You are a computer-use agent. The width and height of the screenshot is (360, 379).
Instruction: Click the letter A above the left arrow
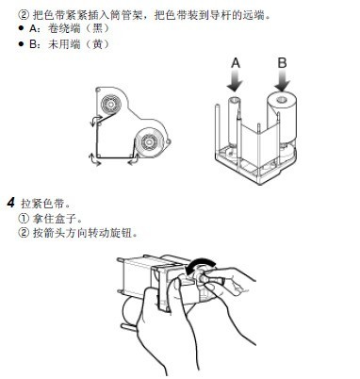point(236,63)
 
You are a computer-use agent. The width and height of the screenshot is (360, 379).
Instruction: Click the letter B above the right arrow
point(282,63)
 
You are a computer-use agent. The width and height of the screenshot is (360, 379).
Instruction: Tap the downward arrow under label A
point(236,81)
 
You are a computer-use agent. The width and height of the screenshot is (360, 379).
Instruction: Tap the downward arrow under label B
point(282,81)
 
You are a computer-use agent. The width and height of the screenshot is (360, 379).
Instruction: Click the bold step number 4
point(11,203)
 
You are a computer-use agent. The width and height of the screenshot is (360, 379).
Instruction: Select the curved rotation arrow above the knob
point(200,264)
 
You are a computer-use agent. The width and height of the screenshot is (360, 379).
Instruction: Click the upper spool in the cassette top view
point(110,104)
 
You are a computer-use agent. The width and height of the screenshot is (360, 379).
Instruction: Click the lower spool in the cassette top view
point(148,142)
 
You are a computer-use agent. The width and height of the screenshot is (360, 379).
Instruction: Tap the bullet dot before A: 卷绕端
point(22,28)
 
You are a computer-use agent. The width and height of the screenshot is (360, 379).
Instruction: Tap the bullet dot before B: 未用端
point(22,44)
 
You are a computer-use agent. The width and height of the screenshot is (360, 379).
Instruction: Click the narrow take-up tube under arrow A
point(234,123)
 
